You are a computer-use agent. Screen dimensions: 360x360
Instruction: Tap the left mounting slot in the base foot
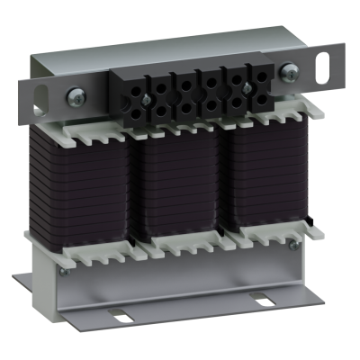point(121,314)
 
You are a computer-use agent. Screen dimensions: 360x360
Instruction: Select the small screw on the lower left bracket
point(62,269)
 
